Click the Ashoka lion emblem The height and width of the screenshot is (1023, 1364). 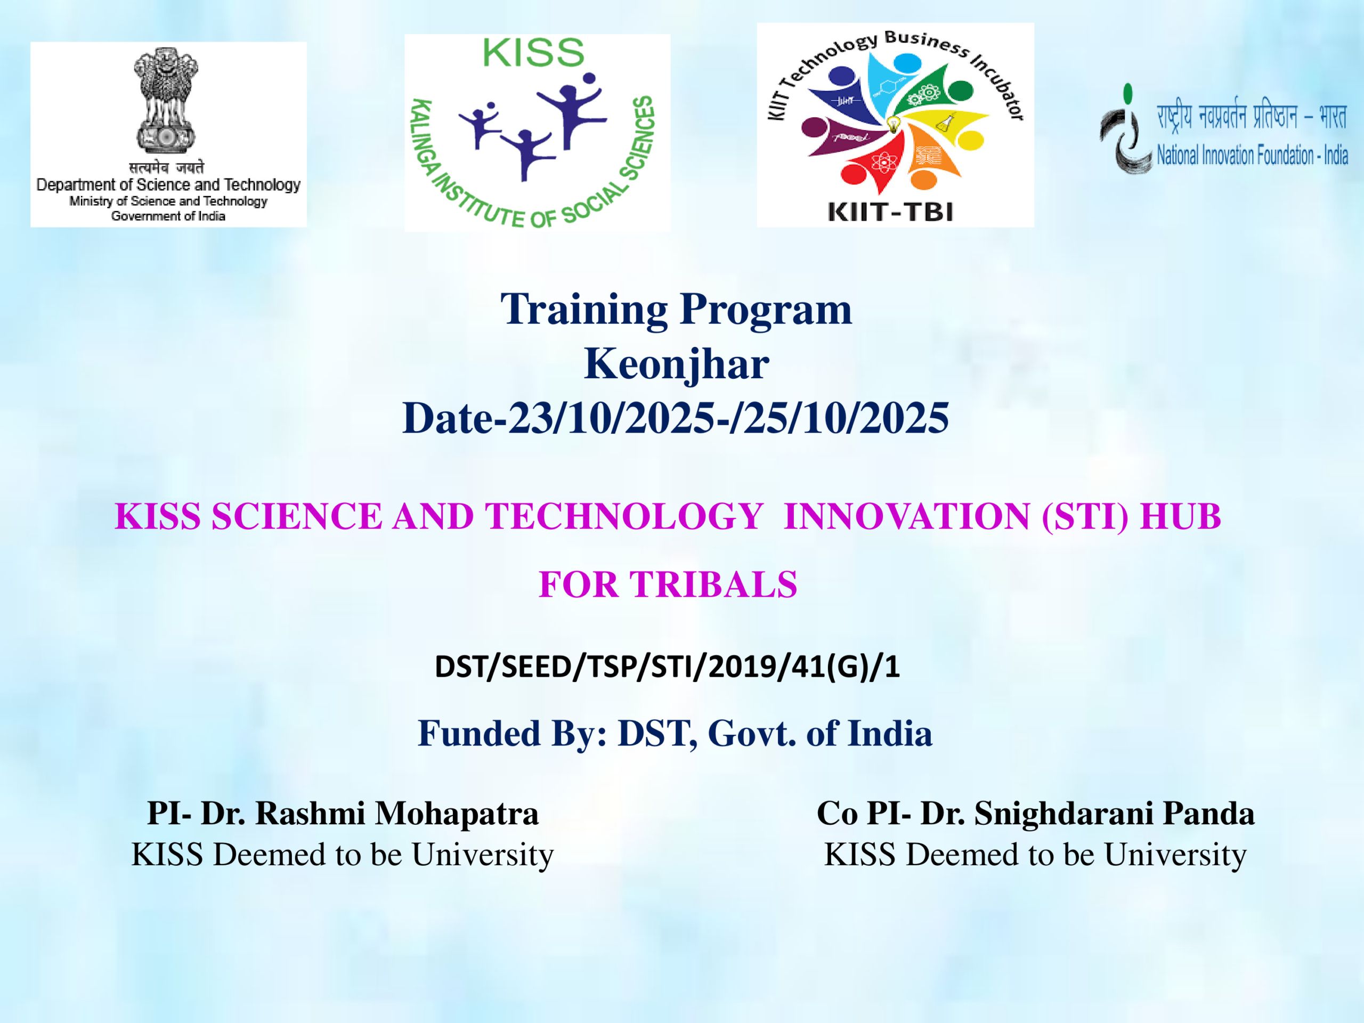click(166, 101)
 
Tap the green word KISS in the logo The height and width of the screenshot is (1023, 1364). click(533, 53)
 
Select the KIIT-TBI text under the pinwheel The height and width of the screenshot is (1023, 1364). click(890, 212)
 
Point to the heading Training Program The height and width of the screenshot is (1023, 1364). click(676, 309)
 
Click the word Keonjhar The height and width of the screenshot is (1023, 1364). click(677, 364)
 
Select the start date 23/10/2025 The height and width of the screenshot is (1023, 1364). click(611, 418)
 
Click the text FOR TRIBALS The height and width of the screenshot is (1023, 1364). click(668, 584)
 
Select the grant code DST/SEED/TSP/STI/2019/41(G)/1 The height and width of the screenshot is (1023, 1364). click(667, 667)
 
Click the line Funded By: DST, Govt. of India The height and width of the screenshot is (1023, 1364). click(675, 734)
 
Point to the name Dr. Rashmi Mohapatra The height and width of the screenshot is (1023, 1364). click(370, 814)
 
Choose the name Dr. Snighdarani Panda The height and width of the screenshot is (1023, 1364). click(1087, 814)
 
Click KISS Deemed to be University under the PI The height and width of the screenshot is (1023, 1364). click(343, 855)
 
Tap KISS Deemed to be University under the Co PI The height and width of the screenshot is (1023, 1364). click(1035, 855)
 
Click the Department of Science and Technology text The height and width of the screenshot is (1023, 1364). click(168, 185)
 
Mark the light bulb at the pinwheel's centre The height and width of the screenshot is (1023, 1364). click(893, 125)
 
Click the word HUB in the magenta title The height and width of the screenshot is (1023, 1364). click(1180, 516)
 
